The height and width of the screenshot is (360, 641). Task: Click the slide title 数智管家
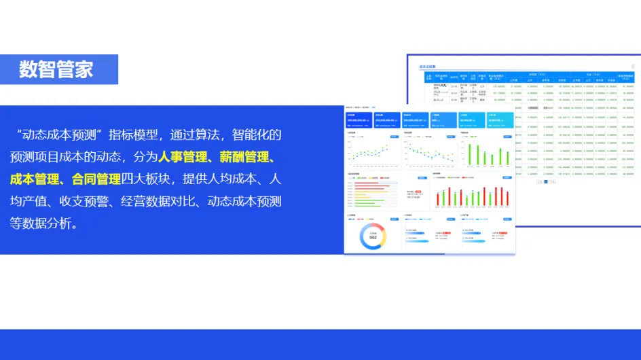pyautogui.click(x=56, y=69)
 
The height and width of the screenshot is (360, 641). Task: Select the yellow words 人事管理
pyautogui.click(x=183, y=157)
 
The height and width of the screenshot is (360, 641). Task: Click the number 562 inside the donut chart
pyautogui.click(x=373, y=238)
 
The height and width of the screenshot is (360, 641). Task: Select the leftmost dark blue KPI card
pyautogui.click(x=359, y=120)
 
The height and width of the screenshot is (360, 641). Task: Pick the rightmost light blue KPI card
pyautogui.click(x=500, y=120)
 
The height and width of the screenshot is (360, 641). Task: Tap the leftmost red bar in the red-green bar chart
pyautogui.click(x=437, y=198)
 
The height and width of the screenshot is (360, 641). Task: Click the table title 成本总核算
pyautogui.click(x=428, y=67)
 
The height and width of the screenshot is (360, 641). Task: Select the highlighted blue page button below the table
pyautogui.click(x=545, y=182)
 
